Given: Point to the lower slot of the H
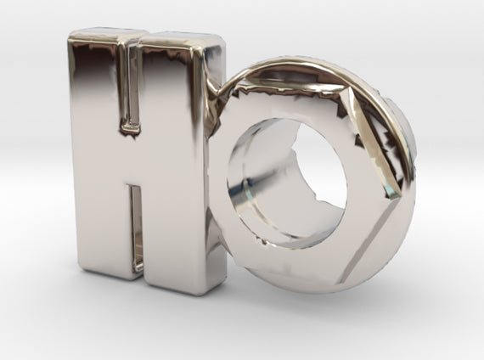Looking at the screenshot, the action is (x=136, y=228).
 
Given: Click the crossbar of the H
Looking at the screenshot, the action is (x=133, y=160).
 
